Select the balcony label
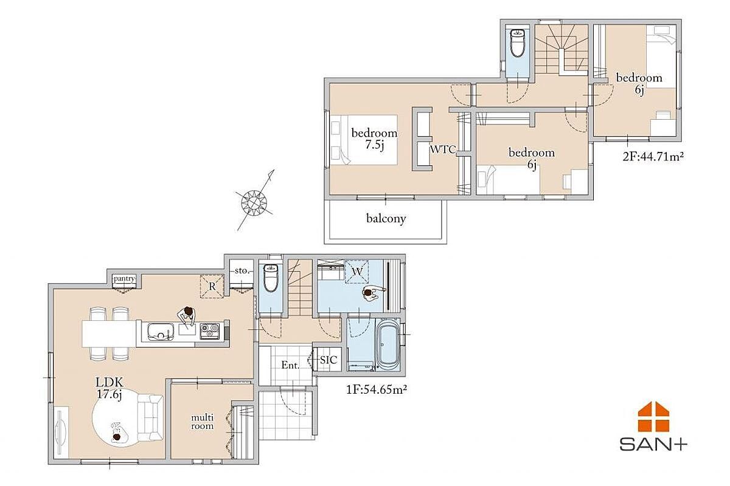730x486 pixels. click(386, 219)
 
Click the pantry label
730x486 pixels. click(124, 279)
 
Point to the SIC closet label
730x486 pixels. click(328, 360)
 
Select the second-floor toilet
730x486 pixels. click(518, 42)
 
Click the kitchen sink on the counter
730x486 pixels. click(160, 332)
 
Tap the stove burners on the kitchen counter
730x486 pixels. click(210, 331)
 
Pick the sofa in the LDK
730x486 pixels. click(150, 417)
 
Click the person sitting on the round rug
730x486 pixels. click(116, 434)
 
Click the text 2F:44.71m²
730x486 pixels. click(653, 157)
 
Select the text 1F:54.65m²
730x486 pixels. click(377, 389)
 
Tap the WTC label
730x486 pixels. click(443, 149)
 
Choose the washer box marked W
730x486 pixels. click(357, 272)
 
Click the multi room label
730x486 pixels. click(203, 422)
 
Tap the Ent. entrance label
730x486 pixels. click(290, 365)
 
